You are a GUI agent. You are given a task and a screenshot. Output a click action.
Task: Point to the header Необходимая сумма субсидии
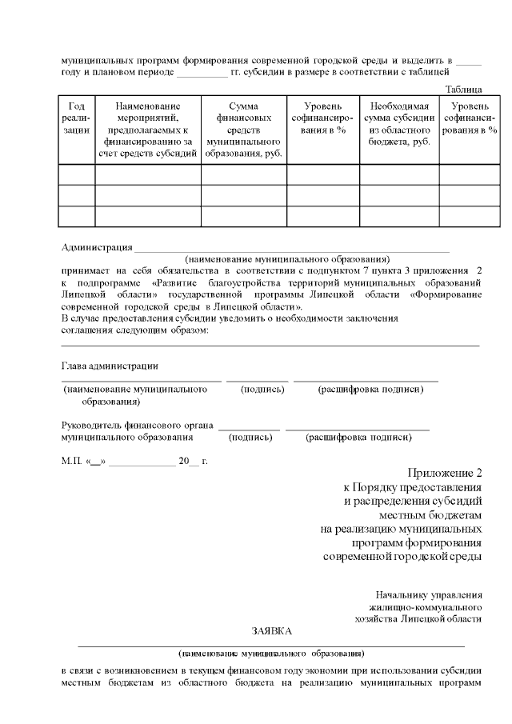[x=398, y=123]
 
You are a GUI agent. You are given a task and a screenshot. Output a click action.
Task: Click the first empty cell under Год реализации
[x=77, y=174]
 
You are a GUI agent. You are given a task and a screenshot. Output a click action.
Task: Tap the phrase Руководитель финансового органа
[x=137, y=425]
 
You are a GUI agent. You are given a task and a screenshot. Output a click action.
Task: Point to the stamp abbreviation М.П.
[x=70, y=462]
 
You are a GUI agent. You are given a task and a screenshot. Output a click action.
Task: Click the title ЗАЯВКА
[x=270, y=630]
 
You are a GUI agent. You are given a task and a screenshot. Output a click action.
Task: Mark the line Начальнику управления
[x=429, y=594]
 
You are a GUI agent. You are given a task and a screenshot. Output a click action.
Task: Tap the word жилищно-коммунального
[x=432, y=606]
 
